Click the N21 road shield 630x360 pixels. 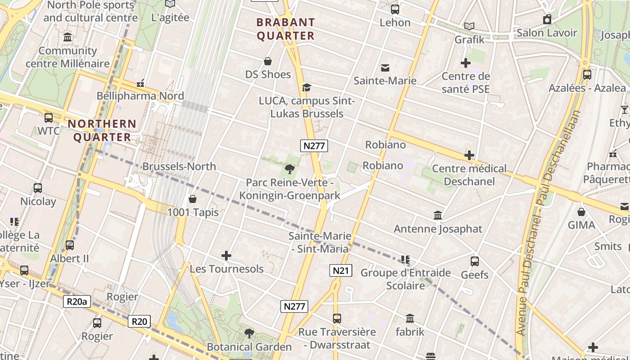point(340,270)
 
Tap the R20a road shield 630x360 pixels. point(76,301)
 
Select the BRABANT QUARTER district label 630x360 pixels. point(285,29)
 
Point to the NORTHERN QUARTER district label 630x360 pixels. point(102,130)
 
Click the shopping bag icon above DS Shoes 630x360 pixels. point(268,61)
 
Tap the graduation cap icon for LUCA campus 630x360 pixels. point(306,87)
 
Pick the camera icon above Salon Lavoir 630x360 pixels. point(547,19)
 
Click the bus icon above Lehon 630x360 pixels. point(395,9)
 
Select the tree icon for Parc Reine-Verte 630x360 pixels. point(289,170)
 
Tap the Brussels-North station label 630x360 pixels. point(179,166)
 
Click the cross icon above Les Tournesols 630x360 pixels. point(226,256)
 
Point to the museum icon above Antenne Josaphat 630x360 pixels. point(438,216)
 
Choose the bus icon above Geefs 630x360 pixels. point(474,261)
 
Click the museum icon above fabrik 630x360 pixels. point(410,319)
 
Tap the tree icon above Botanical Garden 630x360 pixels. point(249,333)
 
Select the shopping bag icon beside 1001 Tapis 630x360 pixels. point(193,199)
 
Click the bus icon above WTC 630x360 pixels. point(48,118)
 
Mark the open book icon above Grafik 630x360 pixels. point(469,27)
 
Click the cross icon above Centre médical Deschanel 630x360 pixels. point(469,155)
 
